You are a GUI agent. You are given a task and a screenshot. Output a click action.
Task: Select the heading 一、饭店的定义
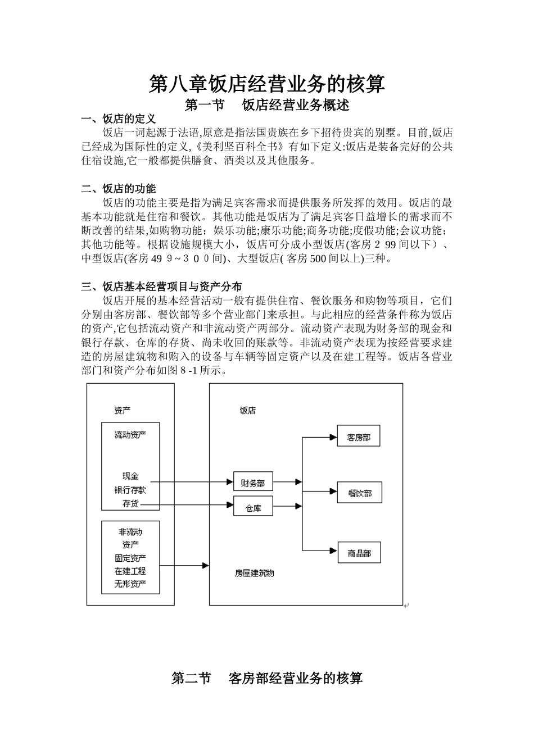click(119, 119)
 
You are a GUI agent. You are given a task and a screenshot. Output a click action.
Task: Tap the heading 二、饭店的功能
click(119, 189)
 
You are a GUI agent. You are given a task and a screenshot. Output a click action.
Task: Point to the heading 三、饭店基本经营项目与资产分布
click(162, 287)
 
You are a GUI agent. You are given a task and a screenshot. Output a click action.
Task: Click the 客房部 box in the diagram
click(359, 436)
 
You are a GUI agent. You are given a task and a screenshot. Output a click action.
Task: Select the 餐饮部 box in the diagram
click(359, 493)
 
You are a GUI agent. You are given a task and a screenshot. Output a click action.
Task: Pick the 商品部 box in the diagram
click(359, 553)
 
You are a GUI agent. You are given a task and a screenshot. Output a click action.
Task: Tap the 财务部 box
click(253, 482)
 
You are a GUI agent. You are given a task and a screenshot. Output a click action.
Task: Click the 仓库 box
click(253, 508)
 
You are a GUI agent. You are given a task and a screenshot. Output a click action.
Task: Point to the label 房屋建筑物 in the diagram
click(254, 574)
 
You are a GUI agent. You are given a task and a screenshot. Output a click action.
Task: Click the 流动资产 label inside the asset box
click(130, 435)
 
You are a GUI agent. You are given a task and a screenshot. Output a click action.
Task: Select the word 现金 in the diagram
click(130, 476)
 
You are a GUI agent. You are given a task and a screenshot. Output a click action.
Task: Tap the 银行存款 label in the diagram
click(130, 490)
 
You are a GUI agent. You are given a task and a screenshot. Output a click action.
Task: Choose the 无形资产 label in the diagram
click(130, 584)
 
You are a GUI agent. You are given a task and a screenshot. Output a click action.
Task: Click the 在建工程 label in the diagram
click(130, 571)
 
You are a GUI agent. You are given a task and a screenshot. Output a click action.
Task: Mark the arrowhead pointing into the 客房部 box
click(333, 436)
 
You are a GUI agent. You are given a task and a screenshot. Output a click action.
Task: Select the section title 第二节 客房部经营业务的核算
click(267, 678)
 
